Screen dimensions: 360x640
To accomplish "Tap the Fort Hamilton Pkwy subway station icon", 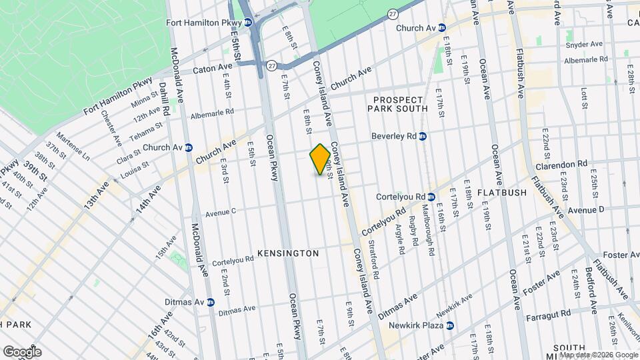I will click(x=247, y=22).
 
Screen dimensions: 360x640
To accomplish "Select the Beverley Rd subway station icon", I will click(x=423, y=136).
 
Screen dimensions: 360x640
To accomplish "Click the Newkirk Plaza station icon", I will click(x=450, y=325).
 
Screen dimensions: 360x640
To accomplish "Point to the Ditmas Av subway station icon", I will click(x=210, y=302).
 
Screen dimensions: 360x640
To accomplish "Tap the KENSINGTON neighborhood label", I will click(x=288, y=253).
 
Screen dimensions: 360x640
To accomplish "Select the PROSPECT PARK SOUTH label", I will click(x=401, y=103).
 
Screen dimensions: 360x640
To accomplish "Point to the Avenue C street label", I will click(x=221, y=214).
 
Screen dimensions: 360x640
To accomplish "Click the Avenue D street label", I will click(x=586, y=209).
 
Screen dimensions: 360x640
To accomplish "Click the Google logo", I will click(x=22, y=351).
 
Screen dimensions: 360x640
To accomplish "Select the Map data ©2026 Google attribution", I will click(x=599, y=355).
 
